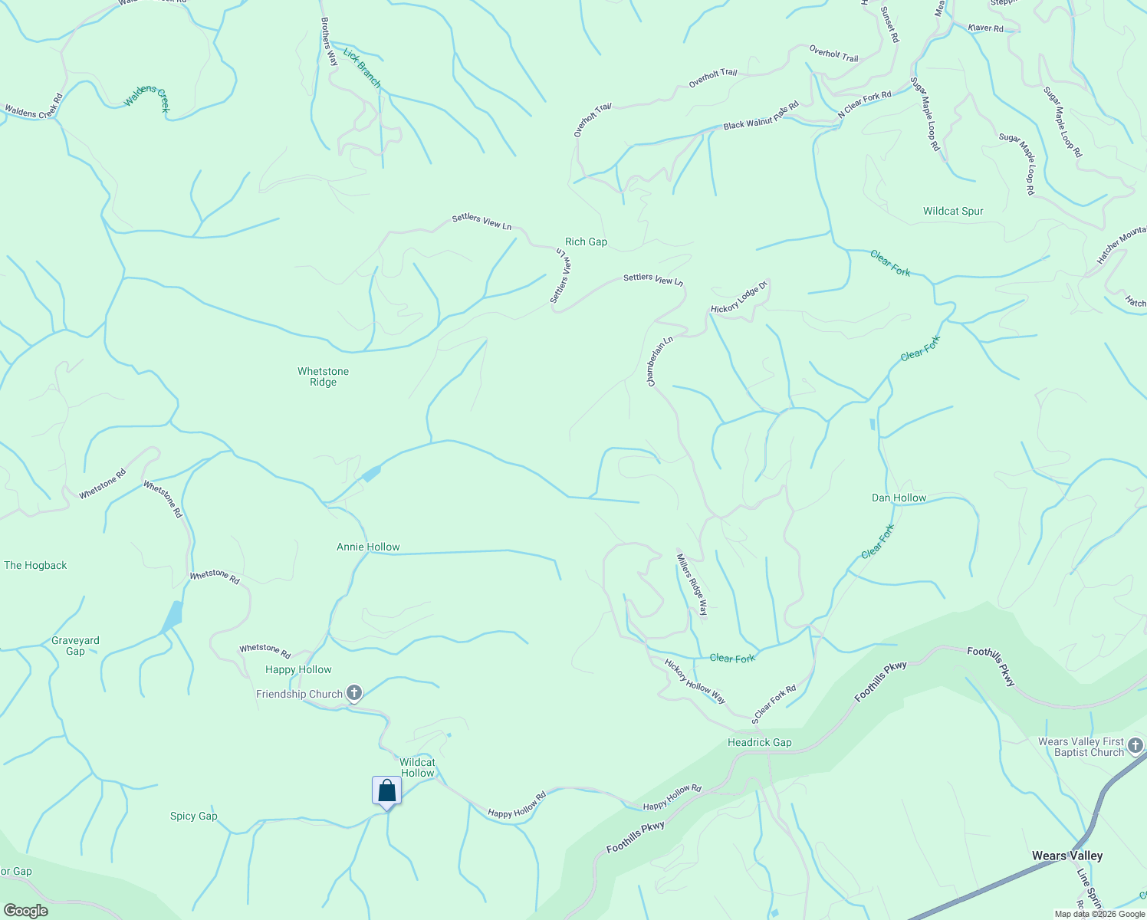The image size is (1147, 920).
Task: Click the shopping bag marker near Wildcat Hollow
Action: pyautogui.click(x=386, y=791)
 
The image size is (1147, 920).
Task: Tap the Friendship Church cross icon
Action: pyautogui.click(x=353, y=694)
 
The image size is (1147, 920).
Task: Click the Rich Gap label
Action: pyautogui.click(x=586, y=242)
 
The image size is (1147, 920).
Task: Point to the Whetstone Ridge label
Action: pyautogui.click(x=323, y=376)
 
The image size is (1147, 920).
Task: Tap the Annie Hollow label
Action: pyautogui.click(x=368, y=547)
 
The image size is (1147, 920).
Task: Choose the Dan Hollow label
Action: pyautogui.click(x=899, y=498)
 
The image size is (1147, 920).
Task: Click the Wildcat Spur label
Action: pyautogui.click(x=952, y=211)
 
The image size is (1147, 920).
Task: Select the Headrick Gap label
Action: pyautogui.click(x=759, y=742)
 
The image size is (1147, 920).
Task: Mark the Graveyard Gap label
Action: pyautogui.click(x=75, y=646)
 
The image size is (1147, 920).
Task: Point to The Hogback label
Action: pyautogui.click(x=35, y=565)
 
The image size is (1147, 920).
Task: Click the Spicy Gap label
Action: pyautogui.click(x=193, y=816)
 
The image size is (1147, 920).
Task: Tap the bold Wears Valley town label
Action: pyautogui.click(x=1066, y=856)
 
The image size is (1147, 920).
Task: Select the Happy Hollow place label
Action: pyautogui.click(x=298, y=669)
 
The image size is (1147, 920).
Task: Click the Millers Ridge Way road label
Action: pyautogui.click(x=692, y=584)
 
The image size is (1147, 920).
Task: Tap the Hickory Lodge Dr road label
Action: pyautogui.click(x=739, y=298)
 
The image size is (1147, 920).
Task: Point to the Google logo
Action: pyautogui.click(x=25, y=910)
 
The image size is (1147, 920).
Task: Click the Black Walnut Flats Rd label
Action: pyautogui.click(x=761, y=116)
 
